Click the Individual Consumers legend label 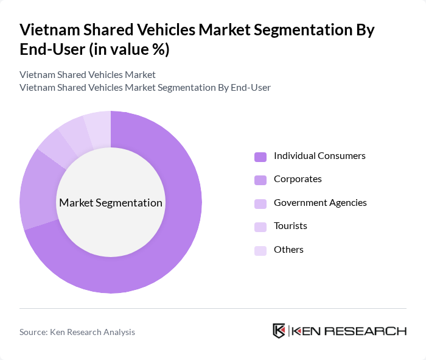pyautogui.click(x=319, y=156)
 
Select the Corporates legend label pyautogui.click(x=298, y=179)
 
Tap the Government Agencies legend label pyautogui.click(x=320, y=202)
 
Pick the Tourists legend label pyautogui.click(x=290, y=226)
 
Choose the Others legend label pyautogui.click(x=288, y=250)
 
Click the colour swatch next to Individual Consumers pyautogui.click(x=260, y=157)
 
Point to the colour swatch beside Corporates pyautogui.click(x=260, y=180)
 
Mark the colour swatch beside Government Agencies pyautogui.click(x=260, y=203)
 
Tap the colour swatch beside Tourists pyautogui.click(x=260, y=227)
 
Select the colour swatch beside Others pyautogui.click(x=260, y=250)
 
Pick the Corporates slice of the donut pyautogui.click(x=38, y=189)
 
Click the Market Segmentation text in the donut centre pyautogui.click(x=111, y=203)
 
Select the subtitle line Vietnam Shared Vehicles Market pyautogui.click(x=88, y=74)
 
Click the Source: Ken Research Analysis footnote pyautogui.click(x=77, y=332)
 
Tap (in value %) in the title pyautogui.click(x=129, y=50)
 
